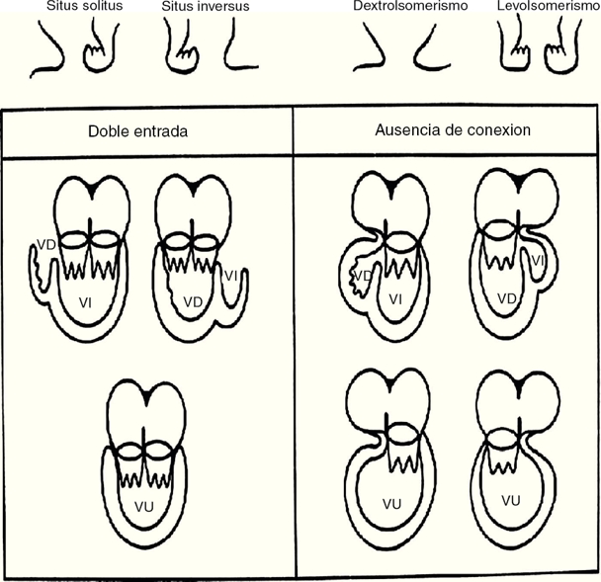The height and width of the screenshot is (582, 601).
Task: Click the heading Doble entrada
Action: coord(143,131)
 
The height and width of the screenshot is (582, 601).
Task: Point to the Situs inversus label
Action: coord(205,6)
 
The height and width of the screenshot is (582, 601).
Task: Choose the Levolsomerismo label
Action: coord(548,6)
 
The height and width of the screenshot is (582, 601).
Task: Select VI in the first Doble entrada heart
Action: coord(87,305)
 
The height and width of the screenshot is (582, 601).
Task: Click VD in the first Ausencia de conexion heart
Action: coord(363,275)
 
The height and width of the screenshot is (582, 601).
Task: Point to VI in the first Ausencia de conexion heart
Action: coord(395,298)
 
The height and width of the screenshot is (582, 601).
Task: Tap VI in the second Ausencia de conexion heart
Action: coord(537,261)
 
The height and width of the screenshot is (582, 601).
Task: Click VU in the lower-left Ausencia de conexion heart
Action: coord(392,505)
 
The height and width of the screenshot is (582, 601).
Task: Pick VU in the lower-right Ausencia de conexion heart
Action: coord(511,501)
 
